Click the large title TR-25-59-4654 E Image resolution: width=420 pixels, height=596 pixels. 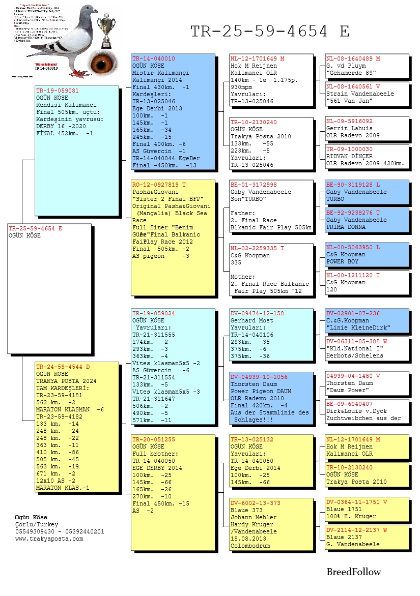[x=270, y=32]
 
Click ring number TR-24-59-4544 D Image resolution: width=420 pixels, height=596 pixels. [x=63, y=366]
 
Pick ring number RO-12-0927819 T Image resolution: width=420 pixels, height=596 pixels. [x=159, y=185]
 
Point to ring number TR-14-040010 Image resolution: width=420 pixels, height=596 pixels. [x=153, y=59]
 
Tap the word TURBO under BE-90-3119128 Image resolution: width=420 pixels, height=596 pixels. [x=335, y=199]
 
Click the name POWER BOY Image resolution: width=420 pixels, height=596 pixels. [x=343, y=261]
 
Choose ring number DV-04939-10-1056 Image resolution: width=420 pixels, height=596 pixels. [x=259, y=377]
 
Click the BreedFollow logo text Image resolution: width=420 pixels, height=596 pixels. [x=353, y=572]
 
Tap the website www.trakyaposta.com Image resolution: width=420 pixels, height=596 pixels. [x=49, y=539]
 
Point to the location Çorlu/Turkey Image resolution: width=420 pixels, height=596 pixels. [x=37, y=524]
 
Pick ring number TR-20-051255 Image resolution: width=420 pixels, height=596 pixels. [x=153, y=439]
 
